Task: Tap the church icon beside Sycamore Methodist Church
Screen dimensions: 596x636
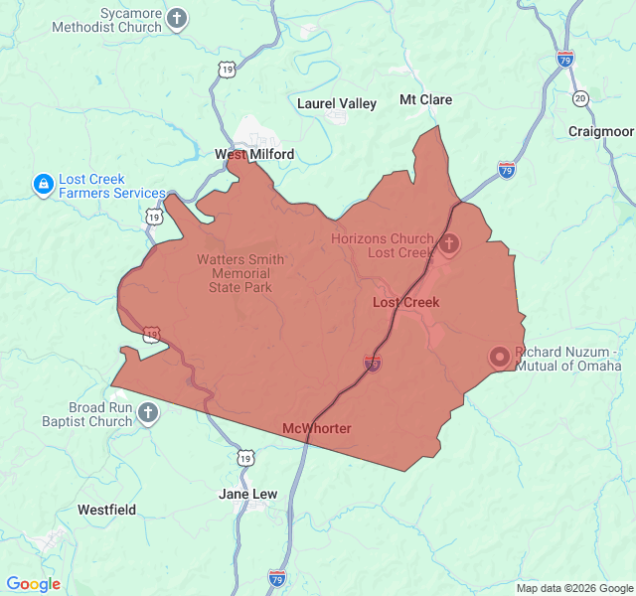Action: (177, 19)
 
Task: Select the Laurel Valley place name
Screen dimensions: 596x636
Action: (337, 103)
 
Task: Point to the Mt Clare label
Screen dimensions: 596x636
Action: (425, 99)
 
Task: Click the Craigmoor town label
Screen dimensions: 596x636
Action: (600, 131)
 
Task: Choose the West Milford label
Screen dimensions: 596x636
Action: (254, 154)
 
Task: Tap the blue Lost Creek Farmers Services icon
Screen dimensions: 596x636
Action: (43, 185)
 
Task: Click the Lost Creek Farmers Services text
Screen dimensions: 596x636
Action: (111, 186)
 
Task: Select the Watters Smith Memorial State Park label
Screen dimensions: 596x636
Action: (240, 273)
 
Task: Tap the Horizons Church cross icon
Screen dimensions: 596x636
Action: (449, 243)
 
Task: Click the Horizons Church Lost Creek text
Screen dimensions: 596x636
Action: (383, 245)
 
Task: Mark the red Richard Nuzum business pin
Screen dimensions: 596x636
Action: (500, 357)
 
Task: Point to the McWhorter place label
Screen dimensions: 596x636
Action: (317, 428)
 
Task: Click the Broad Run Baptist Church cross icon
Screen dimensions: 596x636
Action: (148, 413)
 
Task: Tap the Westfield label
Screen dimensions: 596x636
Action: (106, 510)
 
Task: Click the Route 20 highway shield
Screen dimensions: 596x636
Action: (580, 98)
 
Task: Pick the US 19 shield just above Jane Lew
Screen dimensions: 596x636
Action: (244, 457)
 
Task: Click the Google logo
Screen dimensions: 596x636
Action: (33, 584)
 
